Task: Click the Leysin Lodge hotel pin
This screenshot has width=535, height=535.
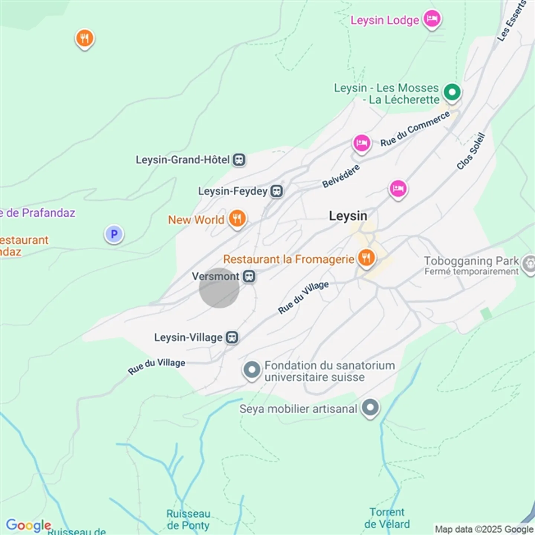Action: tap(432, 19)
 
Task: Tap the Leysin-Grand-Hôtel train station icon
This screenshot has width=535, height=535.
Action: tap(239, 160)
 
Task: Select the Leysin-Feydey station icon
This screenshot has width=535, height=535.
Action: tap(276, 191)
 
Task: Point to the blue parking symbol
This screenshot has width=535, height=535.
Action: tap(114, 234)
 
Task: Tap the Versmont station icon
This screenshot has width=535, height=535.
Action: tap(249, 276)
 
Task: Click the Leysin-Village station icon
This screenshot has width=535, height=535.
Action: tap(232, 337)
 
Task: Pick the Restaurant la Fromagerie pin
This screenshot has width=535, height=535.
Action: tap(366, 257)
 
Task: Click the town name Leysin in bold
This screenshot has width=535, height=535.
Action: tap(348, 216)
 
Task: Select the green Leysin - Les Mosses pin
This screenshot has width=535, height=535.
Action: tap(452, 91)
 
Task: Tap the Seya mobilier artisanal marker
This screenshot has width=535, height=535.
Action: tap(370, 408)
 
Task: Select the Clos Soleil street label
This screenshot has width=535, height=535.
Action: tap(471, 151)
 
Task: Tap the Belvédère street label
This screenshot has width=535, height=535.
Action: tap(341, 176)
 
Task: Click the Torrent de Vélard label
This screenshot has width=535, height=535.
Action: tap(387, 518)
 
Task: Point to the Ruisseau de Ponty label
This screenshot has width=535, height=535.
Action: tap(188, 519)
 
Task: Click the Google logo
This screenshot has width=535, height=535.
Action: tap(29, 525)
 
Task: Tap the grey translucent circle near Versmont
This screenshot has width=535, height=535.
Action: tap(219, 288)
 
